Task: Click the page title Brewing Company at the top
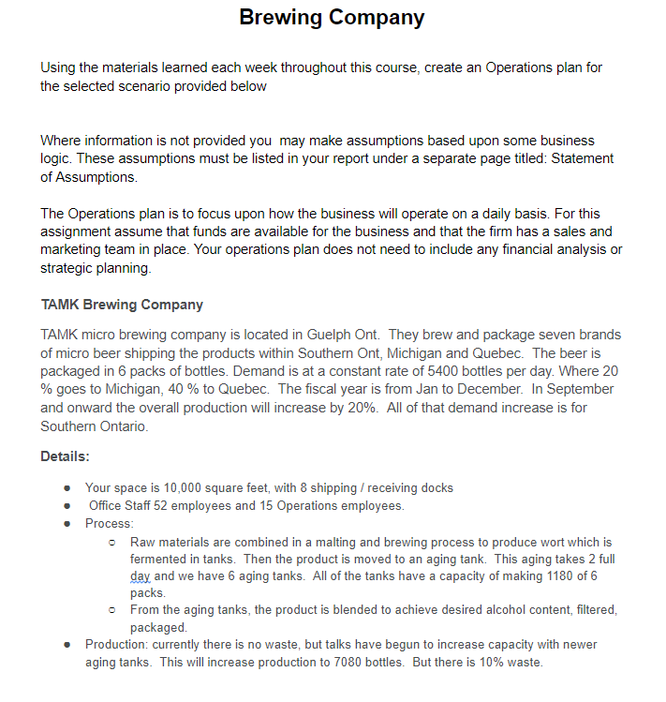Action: point(332,17)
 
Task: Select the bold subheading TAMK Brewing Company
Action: point(122,305)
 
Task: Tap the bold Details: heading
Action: point(66,456)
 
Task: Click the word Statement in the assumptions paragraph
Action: point(583,158)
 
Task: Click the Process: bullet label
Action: point(110,523)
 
